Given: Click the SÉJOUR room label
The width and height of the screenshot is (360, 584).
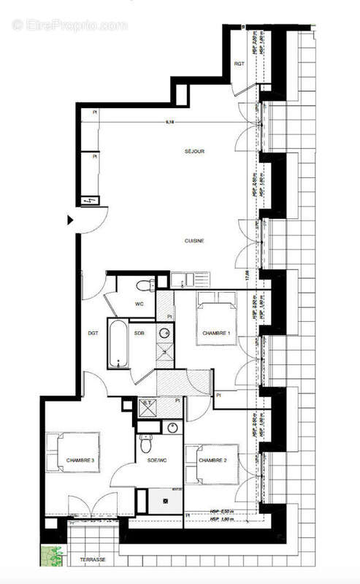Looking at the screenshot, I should pos(194,152).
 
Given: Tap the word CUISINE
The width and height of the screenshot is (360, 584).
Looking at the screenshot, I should pos(194,241).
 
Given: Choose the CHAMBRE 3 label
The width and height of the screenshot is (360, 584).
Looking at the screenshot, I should pos(80,460).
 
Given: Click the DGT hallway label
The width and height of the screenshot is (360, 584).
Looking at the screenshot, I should pos(93,333).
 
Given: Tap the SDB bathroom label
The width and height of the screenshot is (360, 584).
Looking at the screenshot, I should pos(139,333).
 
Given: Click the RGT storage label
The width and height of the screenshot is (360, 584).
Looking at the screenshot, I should pos(239,64).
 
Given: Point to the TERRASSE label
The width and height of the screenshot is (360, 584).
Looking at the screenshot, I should pos(93,560).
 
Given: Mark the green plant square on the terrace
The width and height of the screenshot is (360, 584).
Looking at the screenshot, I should pos(52,556).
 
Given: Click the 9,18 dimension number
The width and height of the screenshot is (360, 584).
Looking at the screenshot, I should pos(169,122).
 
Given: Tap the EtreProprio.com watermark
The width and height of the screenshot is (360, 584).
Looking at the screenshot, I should pos(70,25).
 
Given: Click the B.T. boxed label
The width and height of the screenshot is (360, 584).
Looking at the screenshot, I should pos(148,403).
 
